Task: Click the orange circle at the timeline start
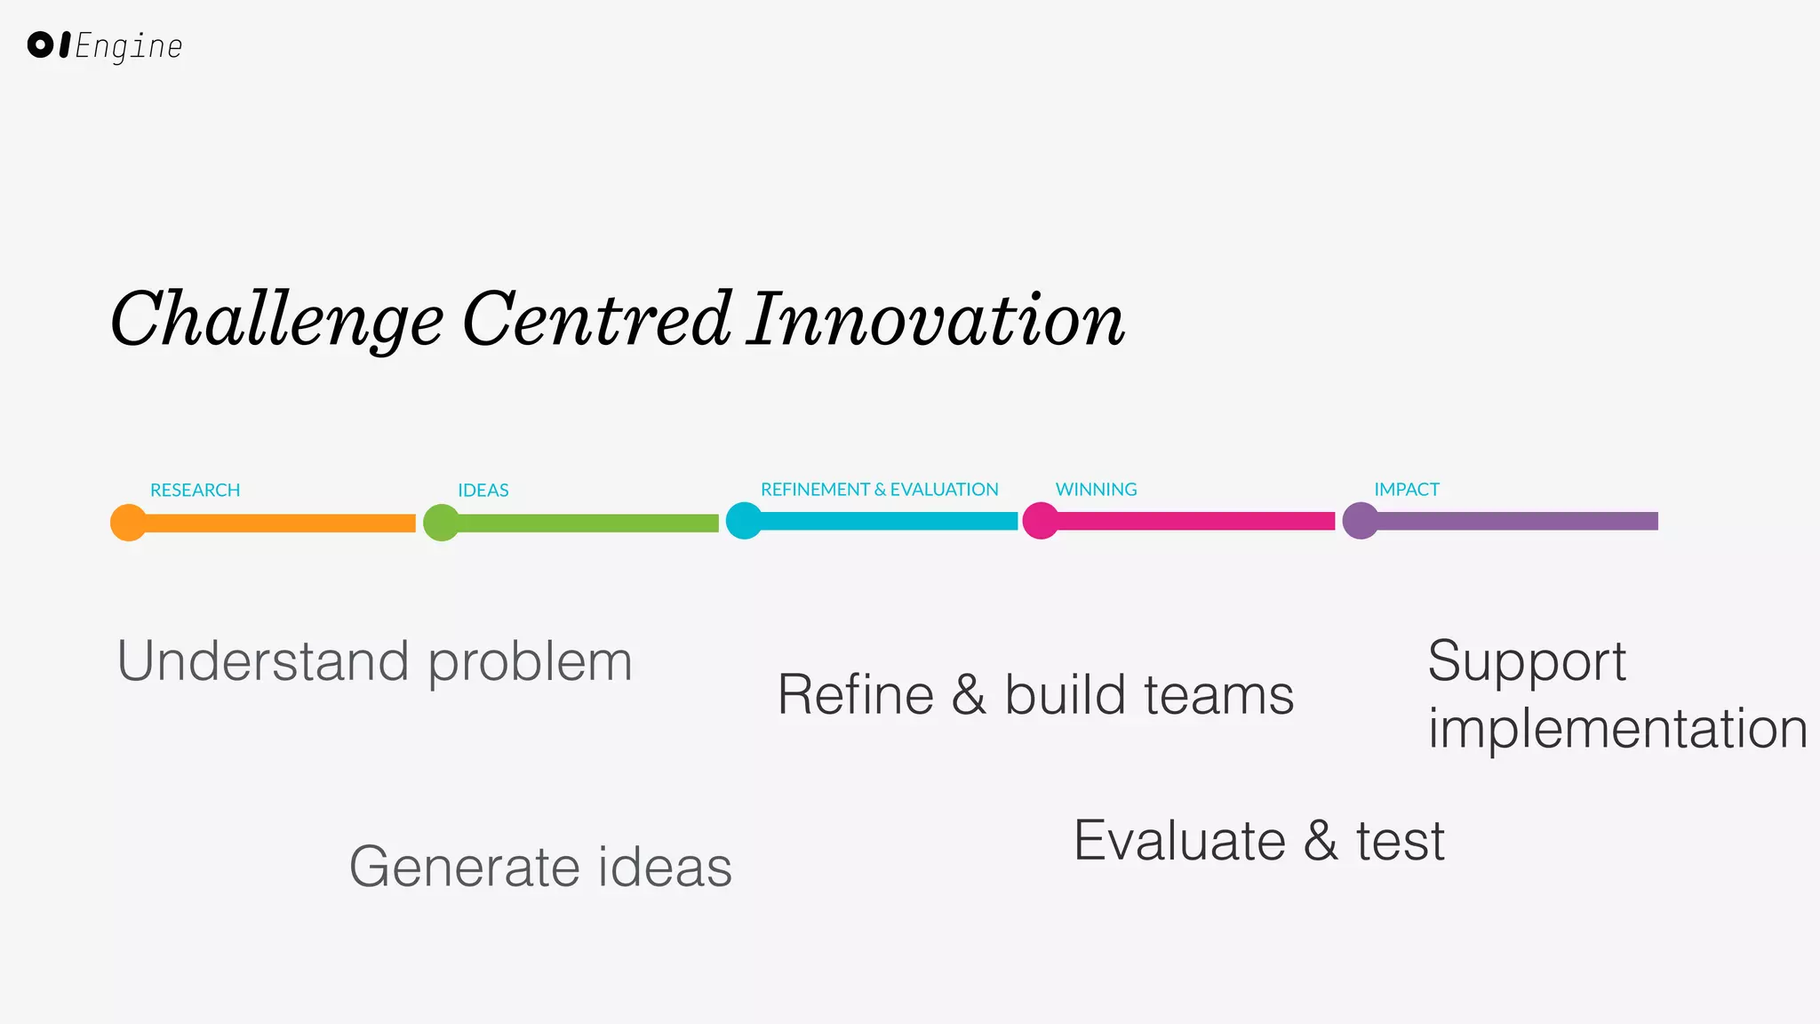pyautogui.click(x=128, y=523)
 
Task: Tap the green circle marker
pyautogui.click(x=441, y=523)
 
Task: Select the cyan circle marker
pyautogui.click(x=744, y=521)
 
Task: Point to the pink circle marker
pyautogui.click(x=1041, y=521)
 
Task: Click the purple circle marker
pyautogui.click(x=1361, y=521)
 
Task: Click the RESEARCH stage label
pyautogui.click(x=195, y=491)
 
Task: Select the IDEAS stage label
pyautogui.click(x=483, y=491)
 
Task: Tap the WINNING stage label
pyautogui.click(x=1096, y=490)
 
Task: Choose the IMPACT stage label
pyautogui.click(x=1406, y=490)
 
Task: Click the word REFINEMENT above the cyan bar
pyautogui.click(x=815, y=490)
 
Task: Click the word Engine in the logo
pyautogui.click(x=129, y=46)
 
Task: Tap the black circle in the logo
pyautogui.click(x=41, y=44)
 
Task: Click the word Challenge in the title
pyautogui.click(x=276, y=320)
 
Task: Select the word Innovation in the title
pyautogui.click(x=935, y=320)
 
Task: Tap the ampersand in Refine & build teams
pyautogui.click(x=969, y=695)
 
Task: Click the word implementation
pyautogui.click(x=1617, y=729)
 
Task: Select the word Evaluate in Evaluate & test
pyautogui.click(x=1179, y=841)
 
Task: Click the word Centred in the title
pyautogui.click(x=597, y=320)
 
